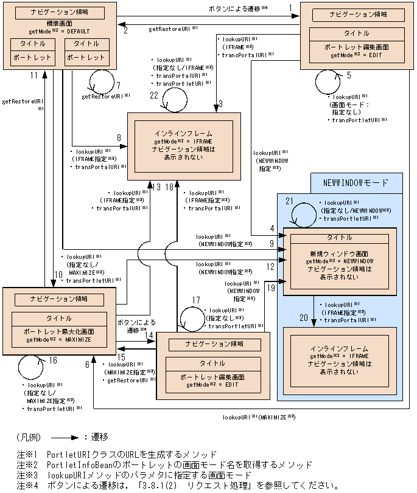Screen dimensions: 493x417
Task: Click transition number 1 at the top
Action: [291, 8]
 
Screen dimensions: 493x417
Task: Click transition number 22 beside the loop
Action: [154, 95]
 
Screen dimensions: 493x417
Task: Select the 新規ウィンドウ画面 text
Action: [340, 252]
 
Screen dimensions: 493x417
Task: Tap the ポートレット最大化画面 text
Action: [58, 332]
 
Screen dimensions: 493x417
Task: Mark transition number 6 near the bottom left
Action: [87, 364]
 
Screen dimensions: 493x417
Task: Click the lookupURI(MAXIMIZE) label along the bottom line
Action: [258, 417]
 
